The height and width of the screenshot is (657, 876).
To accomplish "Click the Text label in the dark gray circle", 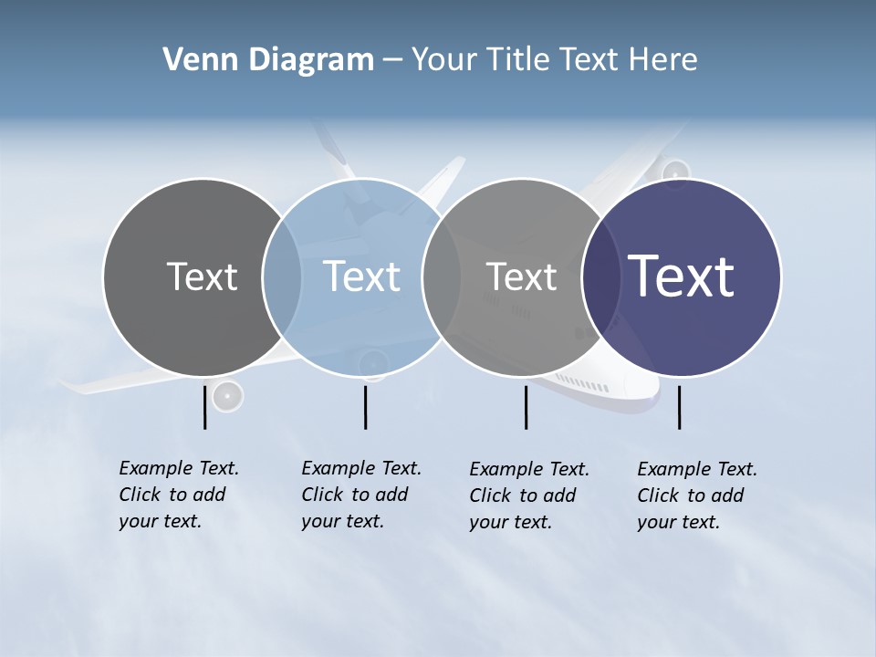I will (x=202, y=276).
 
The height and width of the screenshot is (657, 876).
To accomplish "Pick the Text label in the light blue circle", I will (x=361, y=276).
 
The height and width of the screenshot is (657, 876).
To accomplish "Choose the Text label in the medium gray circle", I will (x=521, y=276).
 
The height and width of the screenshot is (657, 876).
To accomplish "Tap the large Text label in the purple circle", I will (x=682, y=276).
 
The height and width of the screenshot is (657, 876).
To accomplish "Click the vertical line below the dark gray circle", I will (x=205, y=406).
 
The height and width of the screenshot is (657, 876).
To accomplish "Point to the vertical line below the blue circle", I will (x=365, y=406).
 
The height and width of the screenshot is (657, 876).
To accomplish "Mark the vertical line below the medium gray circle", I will (x=526, y=406).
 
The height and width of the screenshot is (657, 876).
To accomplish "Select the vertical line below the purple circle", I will (x=679, y=406).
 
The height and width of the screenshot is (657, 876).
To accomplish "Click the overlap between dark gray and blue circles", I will (x=283, y=276).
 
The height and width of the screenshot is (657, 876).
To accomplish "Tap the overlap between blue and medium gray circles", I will (x=443, y=276).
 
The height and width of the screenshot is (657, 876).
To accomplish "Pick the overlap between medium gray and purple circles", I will (x=602, y=276).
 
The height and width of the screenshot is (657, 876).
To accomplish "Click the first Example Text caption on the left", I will (x=179, y=495).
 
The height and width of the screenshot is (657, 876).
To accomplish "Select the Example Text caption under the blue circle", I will (x=361, y=495).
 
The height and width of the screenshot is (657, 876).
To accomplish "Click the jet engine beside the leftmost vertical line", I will (x=227, y=397).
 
